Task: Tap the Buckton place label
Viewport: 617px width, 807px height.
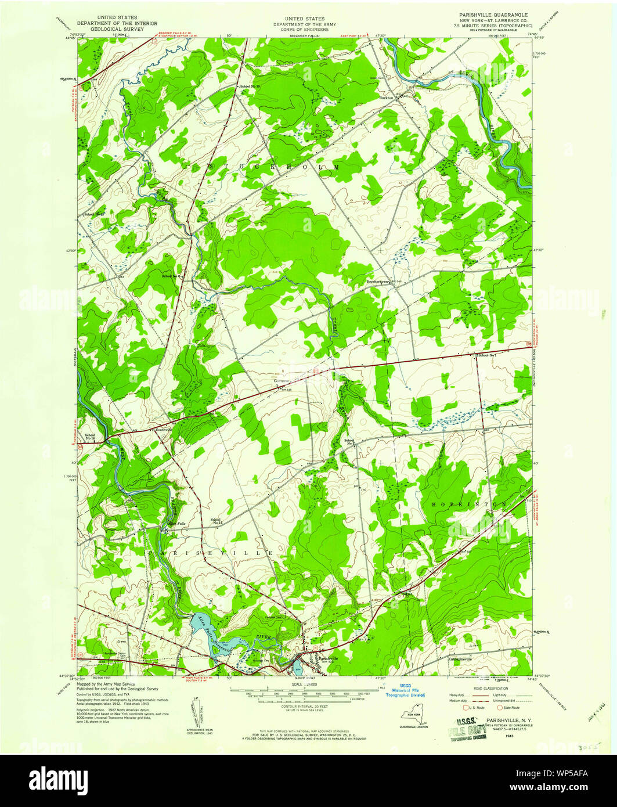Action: (x=387, y=98)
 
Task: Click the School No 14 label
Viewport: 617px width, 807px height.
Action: (x=90, y=437)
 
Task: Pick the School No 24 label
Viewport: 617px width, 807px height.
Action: (x=217, y=521)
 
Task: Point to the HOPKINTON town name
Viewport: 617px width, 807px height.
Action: (x=469, y=505)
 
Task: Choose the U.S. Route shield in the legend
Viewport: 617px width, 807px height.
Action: (x=464, y=708)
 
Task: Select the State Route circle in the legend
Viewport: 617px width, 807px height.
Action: (x=500, y=708)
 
